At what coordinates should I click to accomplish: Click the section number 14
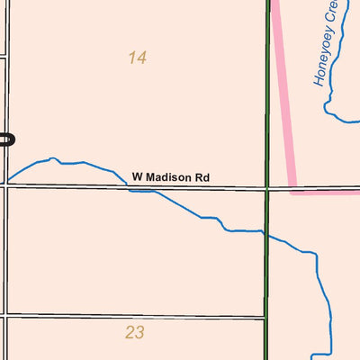pos(137,58)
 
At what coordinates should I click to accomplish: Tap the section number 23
pos(135,333)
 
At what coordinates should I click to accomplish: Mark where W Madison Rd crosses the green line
pos(267,188)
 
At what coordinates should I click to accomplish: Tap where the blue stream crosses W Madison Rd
pos(135,188)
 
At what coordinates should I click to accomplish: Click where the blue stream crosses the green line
pos(266,233)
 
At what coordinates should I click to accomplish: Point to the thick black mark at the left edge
pos(6,139)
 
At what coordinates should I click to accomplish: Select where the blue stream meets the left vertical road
pos(7,179)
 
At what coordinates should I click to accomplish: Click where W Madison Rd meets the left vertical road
pos(6,186)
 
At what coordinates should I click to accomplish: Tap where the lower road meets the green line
pos(266,317)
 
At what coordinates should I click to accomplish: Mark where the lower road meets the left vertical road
pos(6,316)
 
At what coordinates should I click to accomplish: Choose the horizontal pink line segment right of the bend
pos(328,191)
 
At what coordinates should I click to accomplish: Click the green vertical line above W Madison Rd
pos(267,90)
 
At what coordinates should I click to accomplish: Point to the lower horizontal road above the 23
pos(135,316)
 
